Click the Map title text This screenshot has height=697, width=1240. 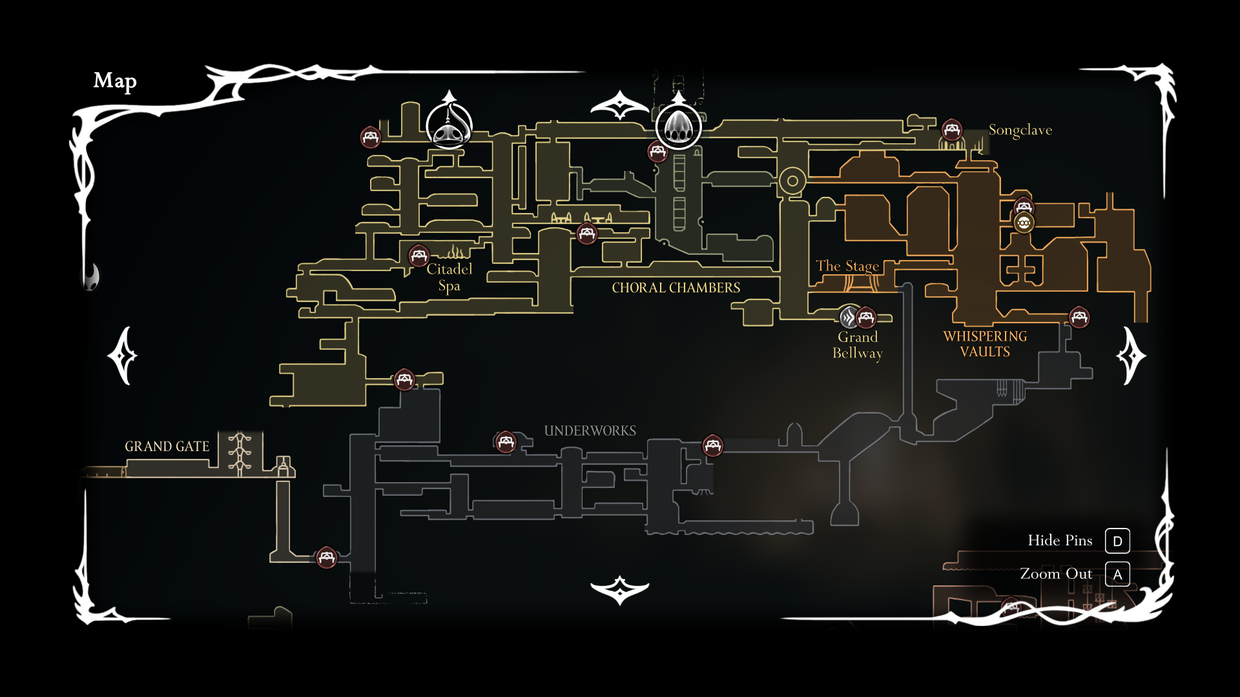(115, 81)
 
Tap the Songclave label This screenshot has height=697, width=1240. (1020, 130)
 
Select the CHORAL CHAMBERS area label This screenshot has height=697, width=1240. (676, 288)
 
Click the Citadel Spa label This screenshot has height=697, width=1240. (449, 278)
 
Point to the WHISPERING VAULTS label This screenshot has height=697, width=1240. (984, 344)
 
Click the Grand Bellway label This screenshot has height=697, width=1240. (857, 345)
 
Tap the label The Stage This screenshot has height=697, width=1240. (847, 266)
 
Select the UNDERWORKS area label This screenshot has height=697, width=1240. (590, 431)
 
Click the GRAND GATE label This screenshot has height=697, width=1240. (167, 447)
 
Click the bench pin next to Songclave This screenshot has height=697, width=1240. (951, 130)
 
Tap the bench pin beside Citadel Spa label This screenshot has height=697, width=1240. (419, 255)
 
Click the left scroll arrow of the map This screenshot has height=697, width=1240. (122, 356)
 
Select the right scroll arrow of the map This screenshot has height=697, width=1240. (1131, 356)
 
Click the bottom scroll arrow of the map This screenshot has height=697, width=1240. (619, 590)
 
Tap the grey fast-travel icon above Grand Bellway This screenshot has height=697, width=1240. (848, 317)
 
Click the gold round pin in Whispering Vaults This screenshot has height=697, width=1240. (1024, 223)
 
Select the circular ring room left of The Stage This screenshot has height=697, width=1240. (792, 181)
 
